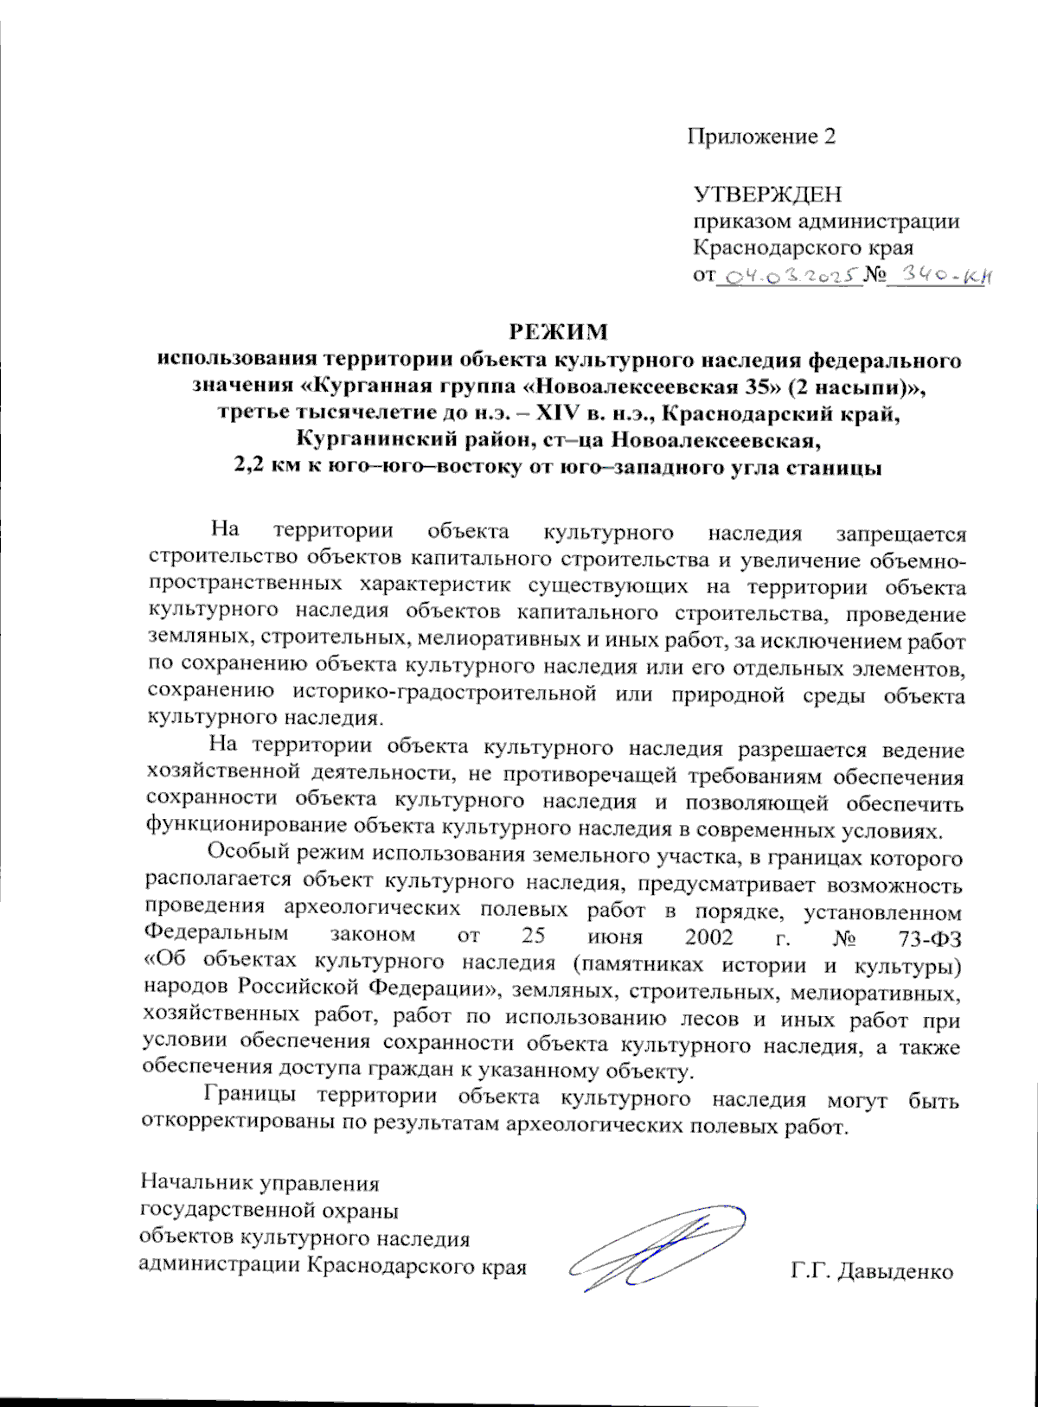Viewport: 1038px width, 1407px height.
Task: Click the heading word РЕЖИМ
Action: [x=557, y=332]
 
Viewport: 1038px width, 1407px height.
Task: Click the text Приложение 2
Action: [x=761, y=137]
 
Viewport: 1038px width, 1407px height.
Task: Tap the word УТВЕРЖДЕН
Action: [x=767, y=195]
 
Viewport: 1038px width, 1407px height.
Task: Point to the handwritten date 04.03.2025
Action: [x=789, y=276]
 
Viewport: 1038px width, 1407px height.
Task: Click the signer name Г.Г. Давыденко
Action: [x=871, y=1271]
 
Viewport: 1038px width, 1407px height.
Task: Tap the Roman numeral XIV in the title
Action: [x=559, y=413]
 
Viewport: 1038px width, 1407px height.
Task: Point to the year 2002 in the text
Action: [x=708, y=937]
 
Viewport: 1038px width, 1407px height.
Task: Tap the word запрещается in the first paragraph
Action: [x=900, y=535]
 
